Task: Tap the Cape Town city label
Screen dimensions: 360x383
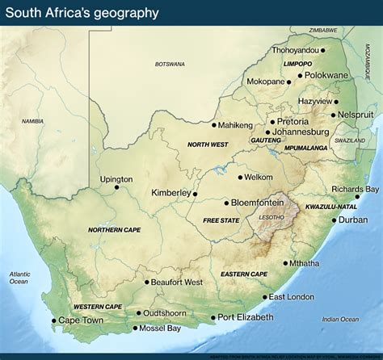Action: (82, 320)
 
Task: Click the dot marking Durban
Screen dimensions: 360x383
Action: (334, 220)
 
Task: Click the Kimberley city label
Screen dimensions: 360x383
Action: (171, 193)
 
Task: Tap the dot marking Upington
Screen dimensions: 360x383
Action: (116, 187)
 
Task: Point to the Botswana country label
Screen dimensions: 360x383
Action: (170, 64)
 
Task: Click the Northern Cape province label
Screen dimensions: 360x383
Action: (115, 230)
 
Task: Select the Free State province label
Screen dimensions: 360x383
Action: (221, 220)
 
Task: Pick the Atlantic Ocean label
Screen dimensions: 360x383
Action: (19, 278)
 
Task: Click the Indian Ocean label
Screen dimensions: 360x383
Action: (340, 320)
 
